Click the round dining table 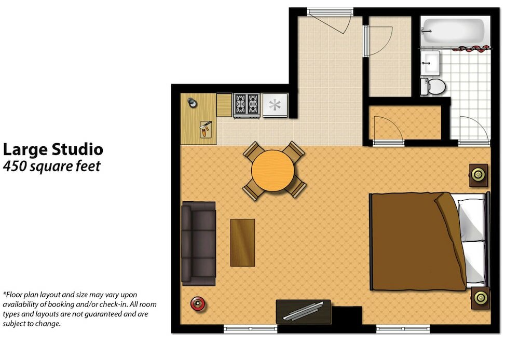point(273,171)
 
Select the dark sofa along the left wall point(198,243)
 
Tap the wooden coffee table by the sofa point(242,242)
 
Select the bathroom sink point(430,63)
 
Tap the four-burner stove point(246,105)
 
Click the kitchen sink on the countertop point(193,103)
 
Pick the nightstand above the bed point(479,175)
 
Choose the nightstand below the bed point(480,298)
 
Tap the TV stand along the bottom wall point(303,311)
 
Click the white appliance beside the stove point(275,105)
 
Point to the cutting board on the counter point(206,130)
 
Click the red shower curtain point(470,49)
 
